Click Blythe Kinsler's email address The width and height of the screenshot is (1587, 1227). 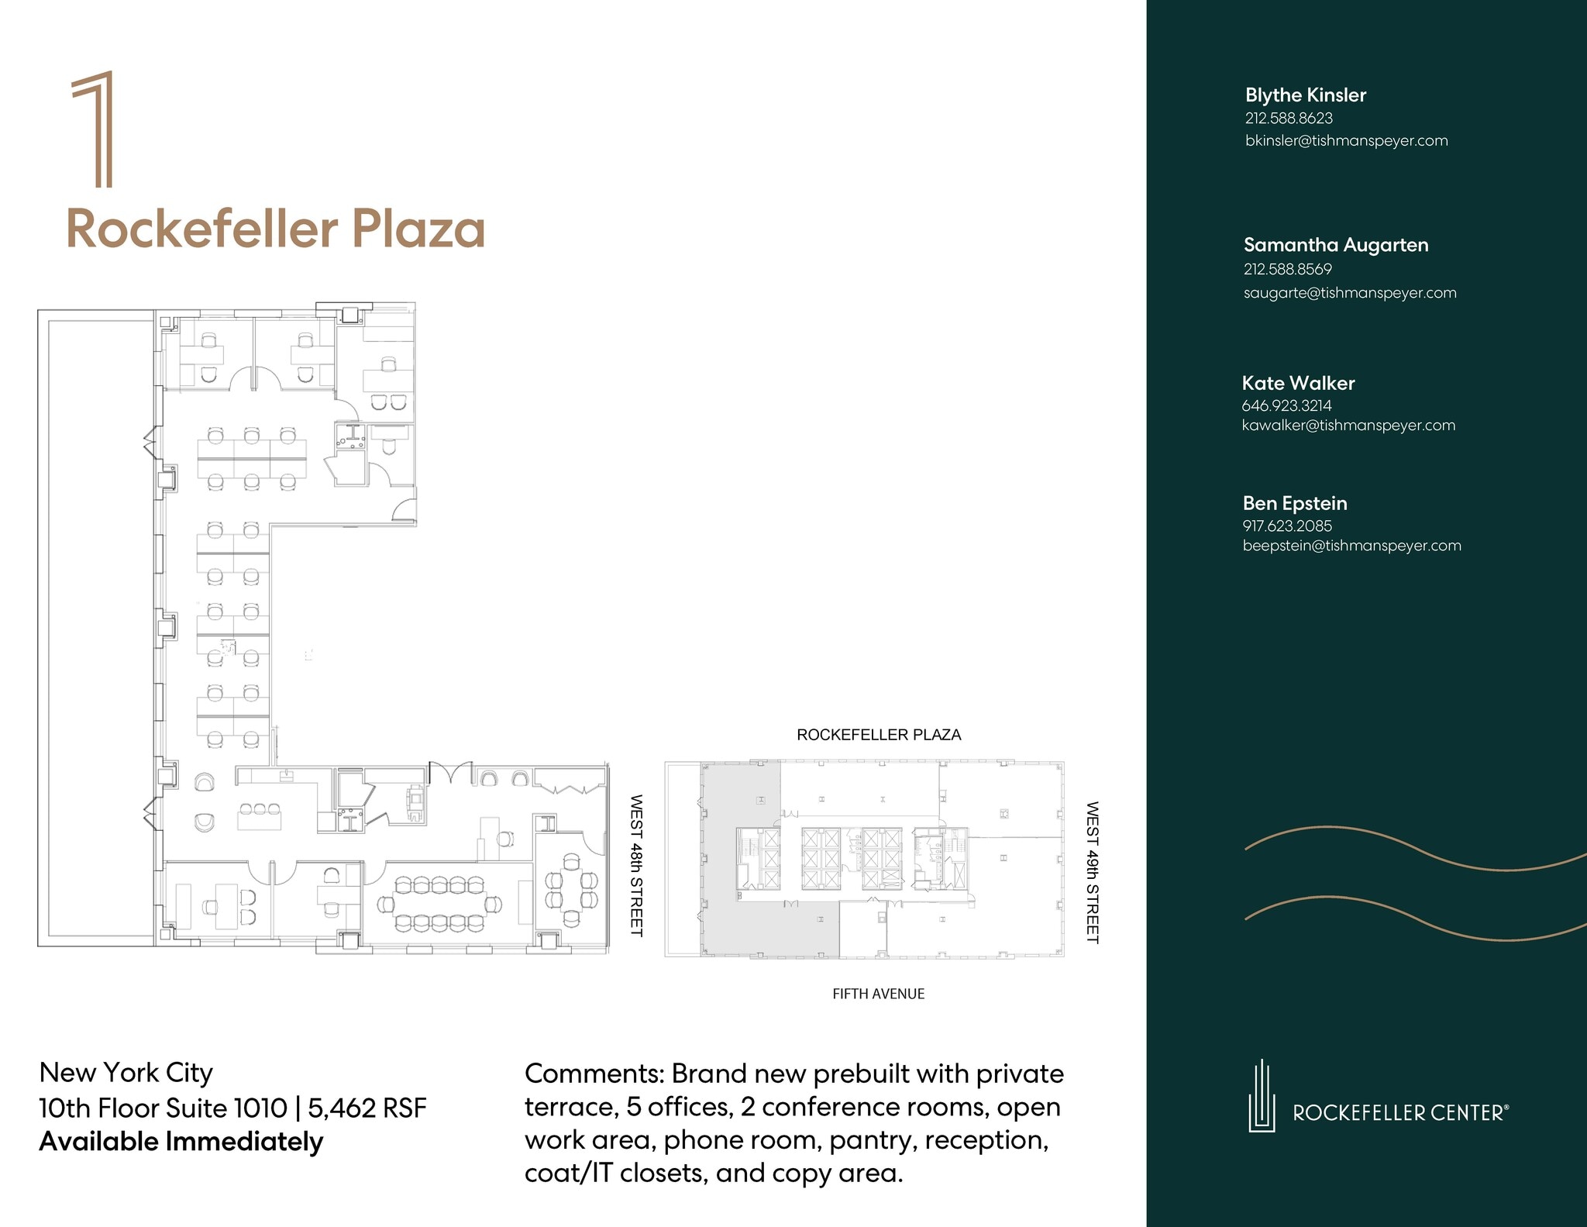tap(1346, 140)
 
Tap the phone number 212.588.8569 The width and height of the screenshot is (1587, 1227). tap(1287, 269)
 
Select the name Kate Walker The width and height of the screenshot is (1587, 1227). tap(1298, 383)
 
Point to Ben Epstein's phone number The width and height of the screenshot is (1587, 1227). tap(1287, 526)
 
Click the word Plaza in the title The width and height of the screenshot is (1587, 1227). tap(418, 229)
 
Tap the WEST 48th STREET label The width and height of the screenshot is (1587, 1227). tap(636, 865)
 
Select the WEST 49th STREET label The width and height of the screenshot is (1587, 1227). tap(1092, 873)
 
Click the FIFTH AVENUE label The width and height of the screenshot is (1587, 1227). tap(878, 994)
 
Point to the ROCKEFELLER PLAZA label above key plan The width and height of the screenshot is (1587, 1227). tap(879, 735)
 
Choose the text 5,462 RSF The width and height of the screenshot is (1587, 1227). tap(367, 1108)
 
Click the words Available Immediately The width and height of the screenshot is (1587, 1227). tap(181, 1142)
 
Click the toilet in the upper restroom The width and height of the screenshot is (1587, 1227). tap(389, 446)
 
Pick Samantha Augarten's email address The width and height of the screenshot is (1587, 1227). tap(1349, 293)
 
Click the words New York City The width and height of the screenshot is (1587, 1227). tap(126, 1073)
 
